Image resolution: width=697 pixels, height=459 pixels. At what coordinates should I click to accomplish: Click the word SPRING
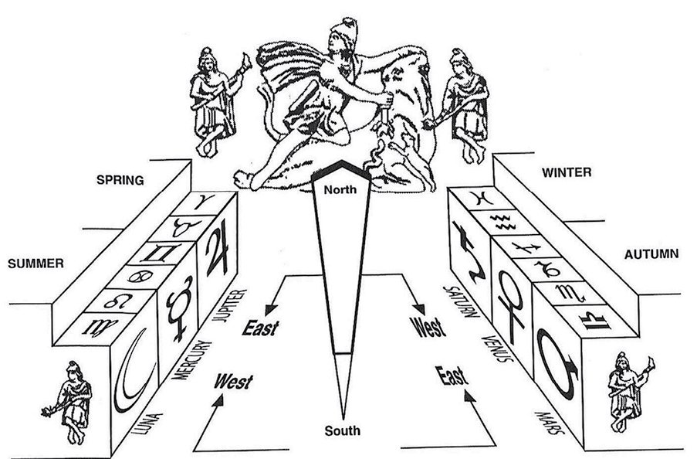[120, 181]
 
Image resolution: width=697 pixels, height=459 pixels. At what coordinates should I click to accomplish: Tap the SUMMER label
[35, 263]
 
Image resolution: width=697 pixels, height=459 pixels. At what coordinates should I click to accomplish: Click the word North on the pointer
[340, 189]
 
